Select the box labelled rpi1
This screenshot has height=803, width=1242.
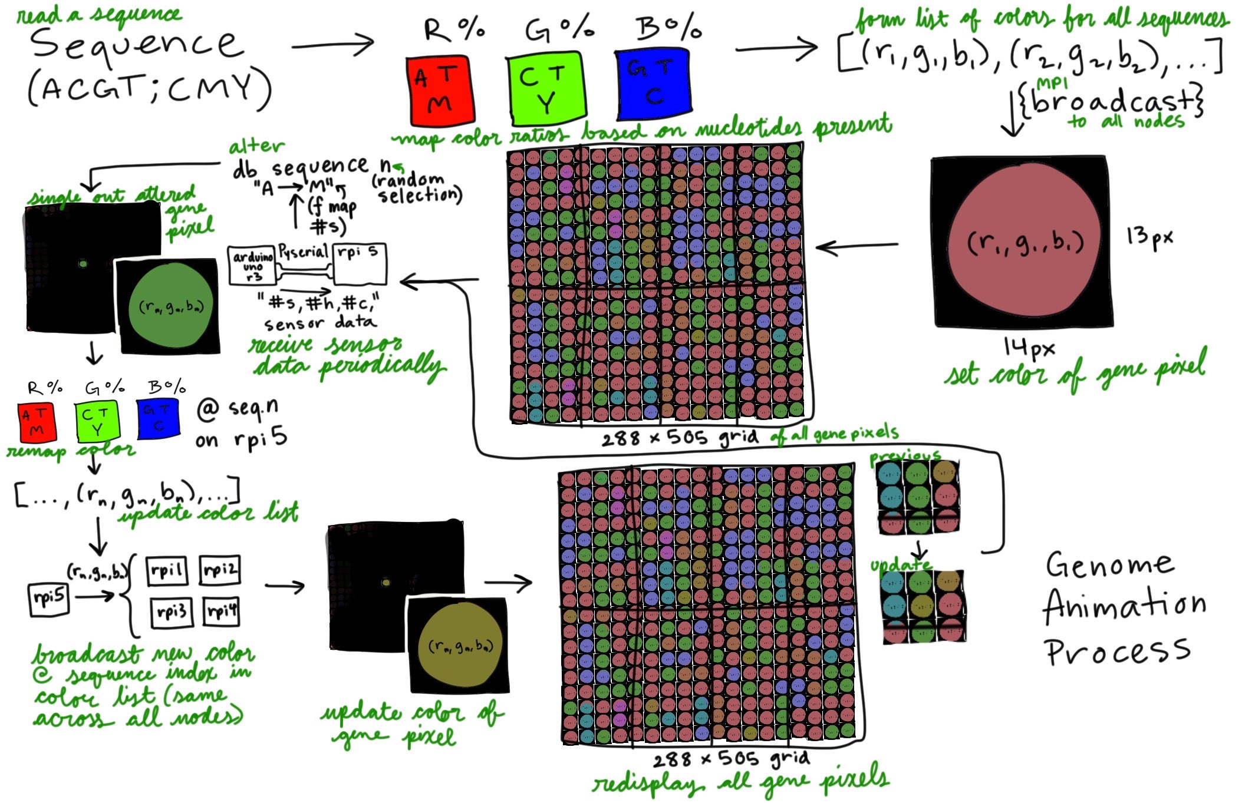click(167, 571)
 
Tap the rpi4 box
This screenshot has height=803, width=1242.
click(222, 611)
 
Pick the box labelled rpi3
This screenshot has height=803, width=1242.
click(171, 612)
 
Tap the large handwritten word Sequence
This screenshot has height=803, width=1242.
click(137, 45)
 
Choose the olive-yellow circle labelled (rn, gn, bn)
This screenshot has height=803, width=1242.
click(460, 646)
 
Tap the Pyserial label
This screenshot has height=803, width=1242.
click(303, 252)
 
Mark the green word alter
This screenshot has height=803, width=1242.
click(256, 146)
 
